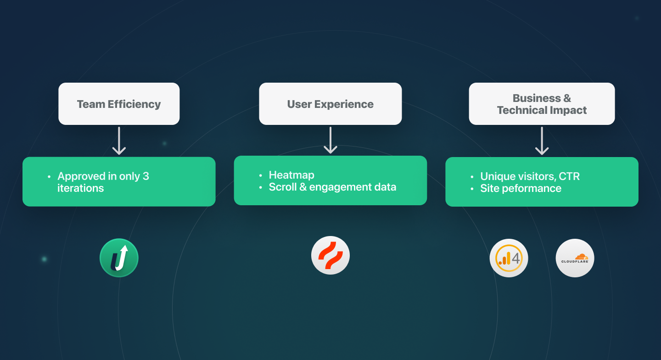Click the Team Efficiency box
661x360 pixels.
click(119, 104)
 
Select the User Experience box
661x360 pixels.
click(330, 104)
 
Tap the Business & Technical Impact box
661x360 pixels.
click(542, 104)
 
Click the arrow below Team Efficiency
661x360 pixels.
click(119, 141)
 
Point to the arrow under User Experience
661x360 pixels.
click(330, 140)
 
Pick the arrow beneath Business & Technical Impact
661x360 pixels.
click(542, 141)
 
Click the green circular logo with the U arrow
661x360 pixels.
click(119, 258)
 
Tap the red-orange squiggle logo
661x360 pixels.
click(330, 255)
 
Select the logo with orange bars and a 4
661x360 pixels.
click(509, 258)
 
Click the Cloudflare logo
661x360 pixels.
click(575, 258)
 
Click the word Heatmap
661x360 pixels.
click(291, 175)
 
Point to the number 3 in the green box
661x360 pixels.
click(146, 176)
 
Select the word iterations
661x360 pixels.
click(80, 188)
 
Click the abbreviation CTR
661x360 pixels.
click(569, 176)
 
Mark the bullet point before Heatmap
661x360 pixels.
click(261, 175)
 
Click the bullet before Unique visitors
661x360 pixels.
click(472, 177)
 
